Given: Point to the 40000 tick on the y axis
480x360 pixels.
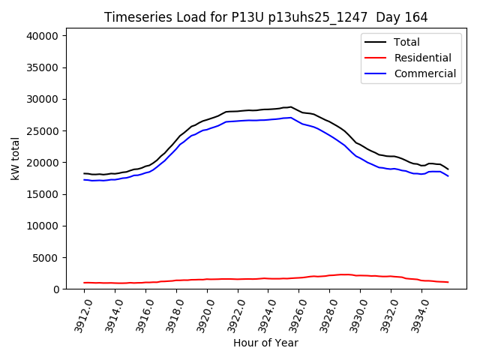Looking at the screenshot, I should point(44,36).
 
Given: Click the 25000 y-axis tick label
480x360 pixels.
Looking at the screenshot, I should point(44,131).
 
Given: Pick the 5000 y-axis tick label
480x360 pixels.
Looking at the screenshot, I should point(47,257).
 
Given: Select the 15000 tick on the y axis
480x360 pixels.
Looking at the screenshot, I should point(44,194).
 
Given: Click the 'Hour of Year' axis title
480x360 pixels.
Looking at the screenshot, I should point(265,343).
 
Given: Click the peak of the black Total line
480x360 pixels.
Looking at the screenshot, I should point(291,106).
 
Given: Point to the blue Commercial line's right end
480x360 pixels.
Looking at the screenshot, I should point(448,176).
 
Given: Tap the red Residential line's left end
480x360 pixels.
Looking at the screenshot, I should point(84,283).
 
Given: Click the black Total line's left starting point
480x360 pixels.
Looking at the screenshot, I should point(84,173).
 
